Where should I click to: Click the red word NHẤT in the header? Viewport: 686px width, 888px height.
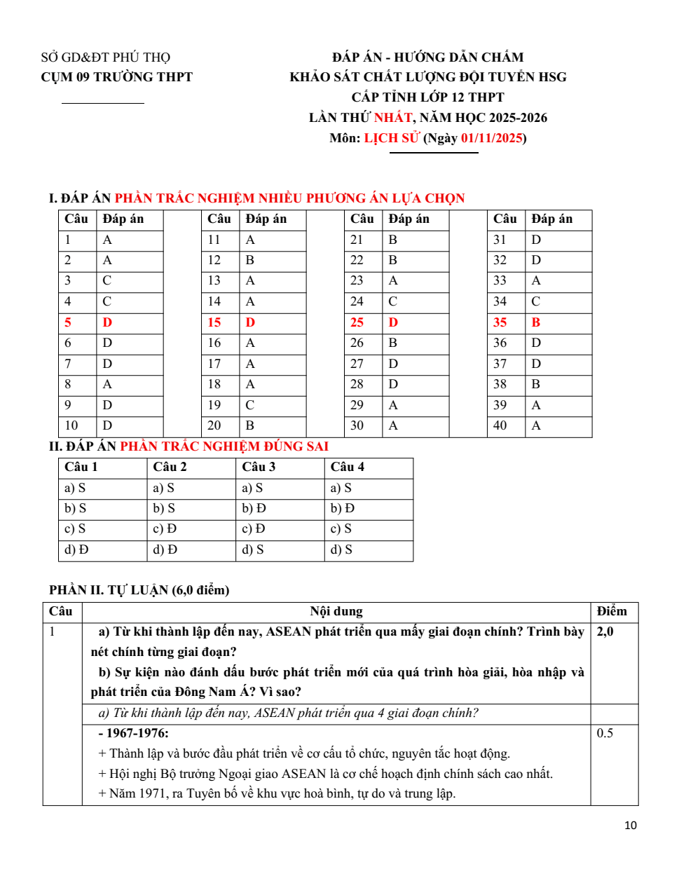coord(393,118)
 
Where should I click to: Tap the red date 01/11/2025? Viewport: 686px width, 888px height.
coord(491,138)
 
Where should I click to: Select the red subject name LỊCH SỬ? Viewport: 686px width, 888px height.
coord(391,138)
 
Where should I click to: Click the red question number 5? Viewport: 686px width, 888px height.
coord(68,322)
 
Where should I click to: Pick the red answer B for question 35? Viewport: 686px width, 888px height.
coord(536,322)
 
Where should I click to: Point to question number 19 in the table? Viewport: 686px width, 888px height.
coord(214,405)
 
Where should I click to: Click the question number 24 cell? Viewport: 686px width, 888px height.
coord(357,301)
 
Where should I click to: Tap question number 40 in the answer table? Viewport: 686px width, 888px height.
coord(500,425)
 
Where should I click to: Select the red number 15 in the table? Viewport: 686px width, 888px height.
coord(214,322)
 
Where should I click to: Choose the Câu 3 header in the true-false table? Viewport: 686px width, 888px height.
coord(259,467)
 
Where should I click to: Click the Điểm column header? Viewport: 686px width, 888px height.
coord(612,611)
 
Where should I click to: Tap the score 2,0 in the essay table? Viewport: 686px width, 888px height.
coord(605,631)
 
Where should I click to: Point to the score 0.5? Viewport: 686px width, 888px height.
coord(605,733)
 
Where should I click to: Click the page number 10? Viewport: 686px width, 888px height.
coord(631,826)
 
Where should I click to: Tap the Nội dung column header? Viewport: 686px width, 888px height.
coord(336,611)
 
